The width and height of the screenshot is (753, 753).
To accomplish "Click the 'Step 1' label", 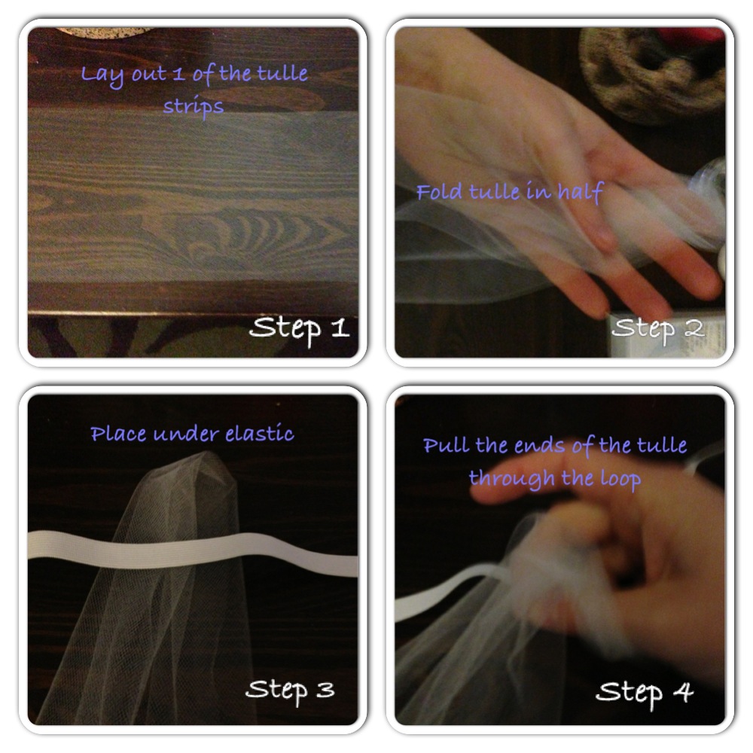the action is point(300,329).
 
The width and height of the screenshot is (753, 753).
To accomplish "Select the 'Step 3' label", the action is point(290,690).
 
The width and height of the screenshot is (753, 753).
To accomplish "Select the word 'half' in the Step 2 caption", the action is point(580,192).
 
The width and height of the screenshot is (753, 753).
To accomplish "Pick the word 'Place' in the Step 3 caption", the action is point(118,434).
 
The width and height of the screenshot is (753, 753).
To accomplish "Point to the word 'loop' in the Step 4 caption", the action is point(620,479).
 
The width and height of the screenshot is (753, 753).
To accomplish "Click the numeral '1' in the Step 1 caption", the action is point(178,75).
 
